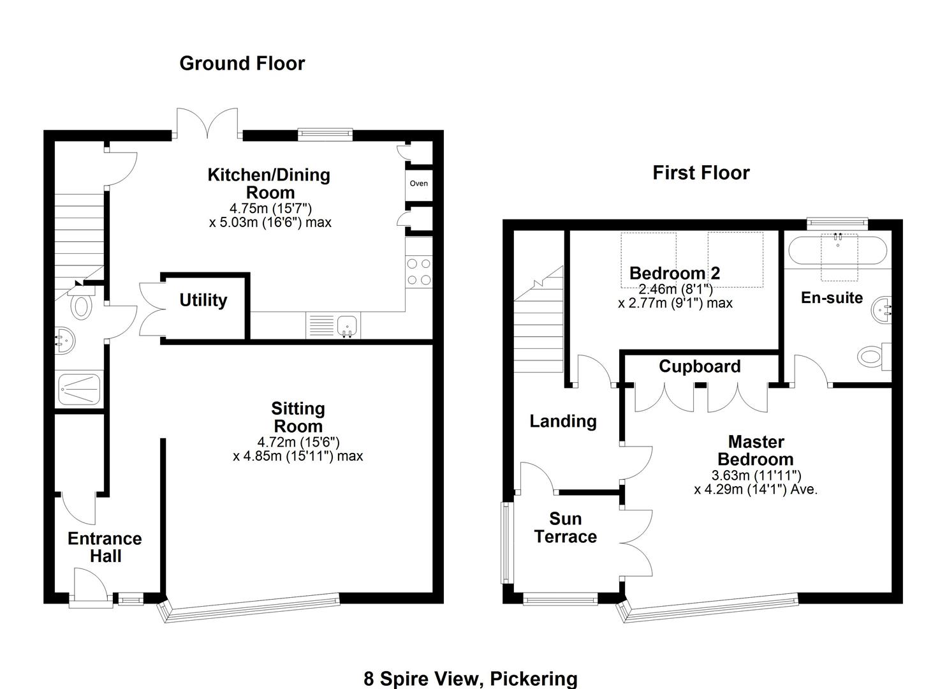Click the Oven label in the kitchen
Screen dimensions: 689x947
point(418,184)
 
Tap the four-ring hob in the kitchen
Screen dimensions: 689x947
point(418,271)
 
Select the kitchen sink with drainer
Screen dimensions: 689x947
point(334,325)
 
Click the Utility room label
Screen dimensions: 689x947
point(203,300)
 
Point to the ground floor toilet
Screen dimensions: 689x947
point(81,306)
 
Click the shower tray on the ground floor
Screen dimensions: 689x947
point(79,389)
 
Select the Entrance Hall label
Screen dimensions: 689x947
point(105,547)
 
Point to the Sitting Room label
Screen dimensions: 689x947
point(298,417)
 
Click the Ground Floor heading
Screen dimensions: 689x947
point(242,63)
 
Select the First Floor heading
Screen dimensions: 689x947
point(701,173)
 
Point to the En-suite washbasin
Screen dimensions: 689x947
point(882,310)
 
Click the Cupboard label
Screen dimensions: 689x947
point(700,367)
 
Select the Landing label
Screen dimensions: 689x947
point(563,421)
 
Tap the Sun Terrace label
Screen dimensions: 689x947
point(566,528)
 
